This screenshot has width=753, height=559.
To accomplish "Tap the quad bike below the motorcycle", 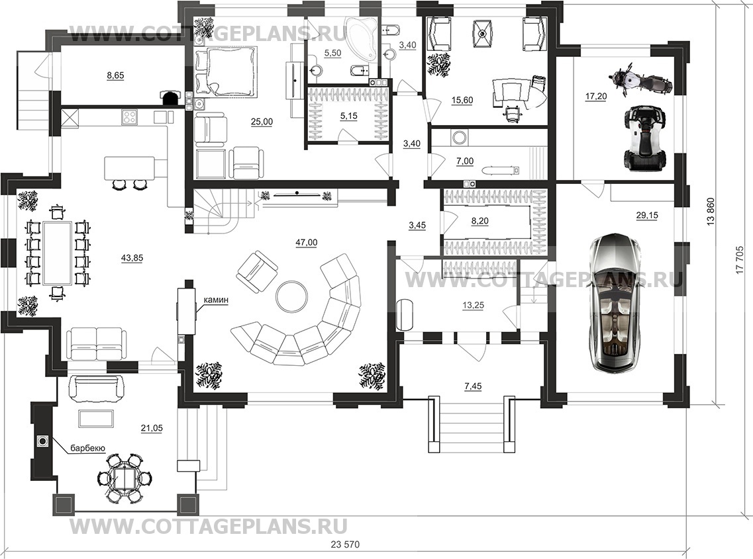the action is click(x=644, y=138).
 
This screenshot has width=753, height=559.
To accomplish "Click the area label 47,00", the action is click(x=307, y=243).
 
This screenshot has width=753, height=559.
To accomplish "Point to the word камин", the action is click(x=216, y=300).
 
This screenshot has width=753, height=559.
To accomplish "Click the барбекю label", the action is click(x=88, y=448).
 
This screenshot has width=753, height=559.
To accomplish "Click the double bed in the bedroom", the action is click(x=226, y=70).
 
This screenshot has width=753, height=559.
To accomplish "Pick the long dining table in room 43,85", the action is click(x=57, y=253).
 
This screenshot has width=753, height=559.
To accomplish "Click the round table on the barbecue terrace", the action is click(x=126, y=478).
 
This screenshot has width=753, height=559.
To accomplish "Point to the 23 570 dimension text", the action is click(x=345, y=544).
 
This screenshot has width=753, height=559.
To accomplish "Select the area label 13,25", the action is click(x=473, y=305).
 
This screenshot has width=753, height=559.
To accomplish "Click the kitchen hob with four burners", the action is click(x=130, y=117).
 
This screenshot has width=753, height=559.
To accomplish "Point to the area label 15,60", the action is click(x=462, y=101).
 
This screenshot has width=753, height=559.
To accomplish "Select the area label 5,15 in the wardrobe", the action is click(x=348, y=116).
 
